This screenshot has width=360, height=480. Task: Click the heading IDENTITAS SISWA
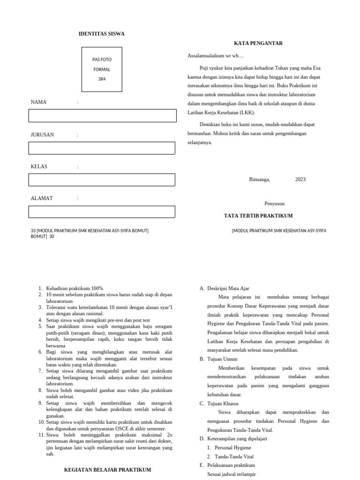pos(101,34)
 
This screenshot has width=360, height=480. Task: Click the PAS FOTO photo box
pos(102,69)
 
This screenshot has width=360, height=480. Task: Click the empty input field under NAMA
pos(102,116)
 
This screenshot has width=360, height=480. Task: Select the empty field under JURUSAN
pos(102,148)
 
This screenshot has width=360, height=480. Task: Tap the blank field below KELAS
pos(102,180)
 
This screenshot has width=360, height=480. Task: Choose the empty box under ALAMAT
pos(102,212)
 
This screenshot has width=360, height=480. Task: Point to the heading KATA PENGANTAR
pos(258,43)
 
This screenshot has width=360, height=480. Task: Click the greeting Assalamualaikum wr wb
pos(216,56)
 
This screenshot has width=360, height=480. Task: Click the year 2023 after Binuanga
pos(300,179)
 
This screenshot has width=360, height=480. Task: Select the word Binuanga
pos(259,179)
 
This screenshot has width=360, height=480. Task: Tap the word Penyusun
pos(274,203)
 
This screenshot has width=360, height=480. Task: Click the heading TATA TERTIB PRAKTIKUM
pos(258,216)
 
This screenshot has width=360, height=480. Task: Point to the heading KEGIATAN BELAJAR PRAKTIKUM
pos(107,469)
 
